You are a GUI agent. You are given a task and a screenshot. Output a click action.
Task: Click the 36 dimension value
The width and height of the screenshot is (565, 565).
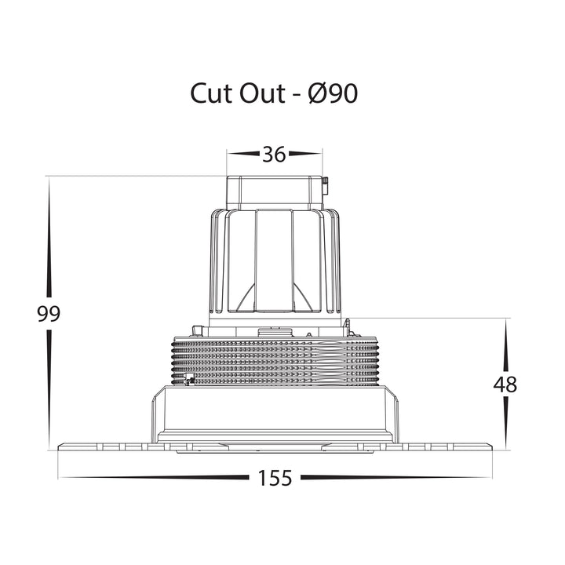click(x=274, y=155)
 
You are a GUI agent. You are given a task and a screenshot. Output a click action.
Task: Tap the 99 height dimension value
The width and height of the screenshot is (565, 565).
click(x=49, y=314)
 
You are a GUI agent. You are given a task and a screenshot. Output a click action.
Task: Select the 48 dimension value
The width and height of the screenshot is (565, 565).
click(x=505, y=385)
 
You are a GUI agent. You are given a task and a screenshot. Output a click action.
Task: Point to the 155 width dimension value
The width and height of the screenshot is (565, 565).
click(x=275, y=478)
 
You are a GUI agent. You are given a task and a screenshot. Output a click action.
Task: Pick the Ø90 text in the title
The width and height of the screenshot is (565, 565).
click(x=334, y=93)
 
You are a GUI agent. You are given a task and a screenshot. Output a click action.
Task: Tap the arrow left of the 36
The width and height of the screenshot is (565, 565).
click(x=243, y=154)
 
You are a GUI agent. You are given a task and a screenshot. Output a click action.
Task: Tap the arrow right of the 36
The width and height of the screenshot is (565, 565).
click(x=305, y=154)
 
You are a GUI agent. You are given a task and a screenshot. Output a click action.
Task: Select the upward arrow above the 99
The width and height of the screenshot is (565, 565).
click(x=49, y=239)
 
